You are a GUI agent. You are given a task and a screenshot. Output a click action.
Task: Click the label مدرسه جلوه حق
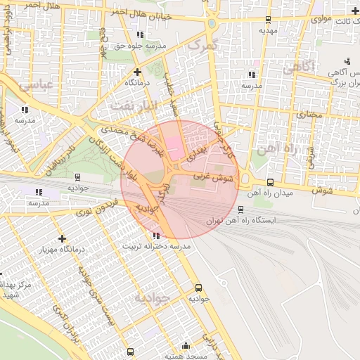(141, 46)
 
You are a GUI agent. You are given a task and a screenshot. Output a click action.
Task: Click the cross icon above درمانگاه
(137, 72)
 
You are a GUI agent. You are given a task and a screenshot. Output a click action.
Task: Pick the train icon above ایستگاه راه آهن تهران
(241, 209)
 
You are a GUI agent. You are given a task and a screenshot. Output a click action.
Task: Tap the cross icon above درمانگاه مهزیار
(63, 239)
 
